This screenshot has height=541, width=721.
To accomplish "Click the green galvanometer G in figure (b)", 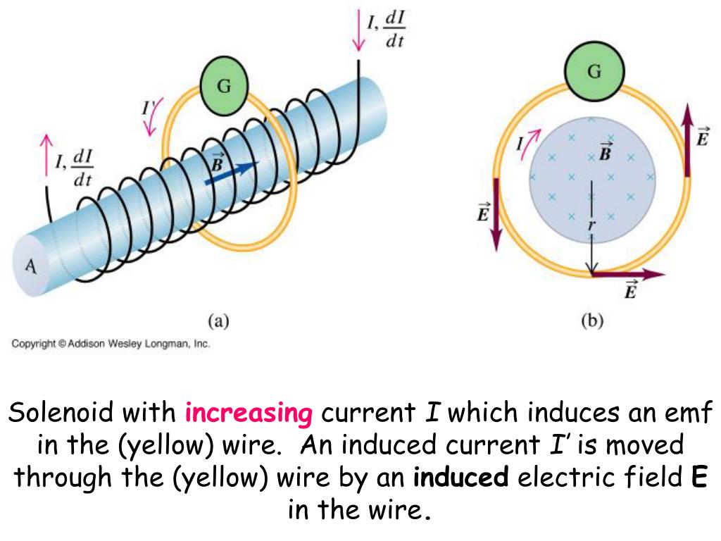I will pyautogui.click(x=594, y=73).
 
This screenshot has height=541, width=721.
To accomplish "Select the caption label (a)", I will pyautogui.click(x=219, y=321).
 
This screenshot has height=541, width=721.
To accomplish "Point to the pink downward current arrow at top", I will pyautogui.click(x=360, y=32).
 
